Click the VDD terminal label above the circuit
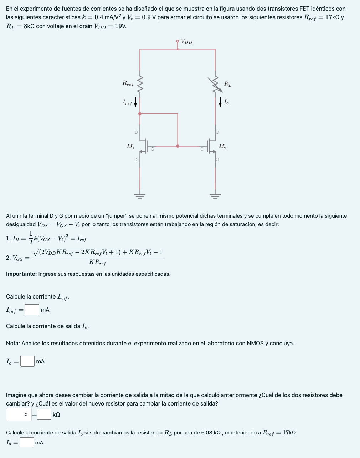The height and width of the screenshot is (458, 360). [186, 41]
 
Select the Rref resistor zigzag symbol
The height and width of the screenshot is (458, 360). [140, 84]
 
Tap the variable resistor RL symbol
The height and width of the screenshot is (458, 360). [215, 84]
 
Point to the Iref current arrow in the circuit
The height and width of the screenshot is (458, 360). [135, 101]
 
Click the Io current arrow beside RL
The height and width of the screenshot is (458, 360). [221, 102]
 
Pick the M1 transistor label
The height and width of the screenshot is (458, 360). [130, 146]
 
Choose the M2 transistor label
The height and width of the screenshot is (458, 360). [222, 147]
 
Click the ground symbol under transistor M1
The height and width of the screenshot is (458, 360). [140, 195]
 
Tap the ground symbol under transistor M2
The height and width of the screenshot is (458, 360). [215, 195]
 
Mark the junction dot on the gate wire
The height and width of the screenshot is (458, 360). [178, 146]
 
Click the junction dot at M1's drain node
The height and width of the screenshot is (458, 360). [140, 114]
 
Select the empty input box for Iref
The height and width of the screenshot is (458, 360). [32, 310]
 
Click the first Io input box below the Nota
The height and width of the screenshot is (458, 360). [27, 361]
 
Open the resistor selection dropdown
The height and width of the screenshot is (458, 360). [19, 414]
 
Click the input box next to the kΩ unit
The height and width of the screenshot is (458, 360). [44, 414]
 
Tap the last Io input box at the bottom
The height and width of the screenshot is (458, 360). [27, 442]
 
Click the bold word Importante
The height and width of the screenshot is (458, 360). [21, 274]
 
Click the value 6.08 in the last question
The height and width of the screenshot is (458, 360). [207, 433]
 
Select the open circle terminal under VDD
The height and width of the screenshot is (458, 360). [178, 41]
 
